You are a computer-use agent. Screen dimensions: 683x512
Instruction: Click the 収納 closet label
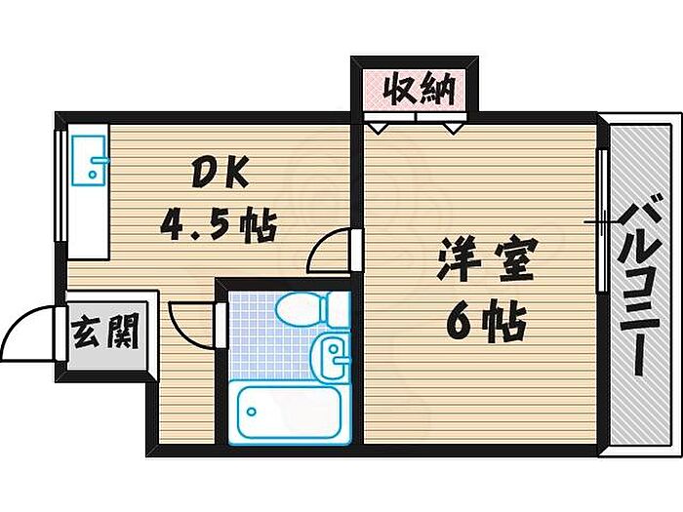pos(416,92)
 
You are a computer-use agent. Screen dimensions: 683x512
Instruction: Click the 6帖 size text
pos(486,320)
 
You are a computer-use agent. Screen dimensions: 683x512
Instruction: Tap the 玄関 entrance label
pos(104,335)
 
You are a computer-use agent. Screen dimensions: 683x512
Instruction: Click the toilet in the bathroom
pos(302,310)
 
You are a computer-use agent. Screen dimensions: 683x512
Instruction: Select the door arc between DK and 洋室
pos(329,251)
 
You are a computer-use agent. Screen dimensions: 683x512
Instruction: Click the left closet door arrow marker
pos(379,127)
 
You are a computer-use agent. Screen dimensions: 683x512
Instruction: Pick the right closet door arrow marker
pos(452,127)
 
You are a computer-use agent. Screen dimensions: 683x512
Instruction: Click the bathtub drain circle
pos(252,411)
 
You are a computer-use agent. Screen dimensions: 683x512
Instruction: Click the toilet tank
pos(337,309)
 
